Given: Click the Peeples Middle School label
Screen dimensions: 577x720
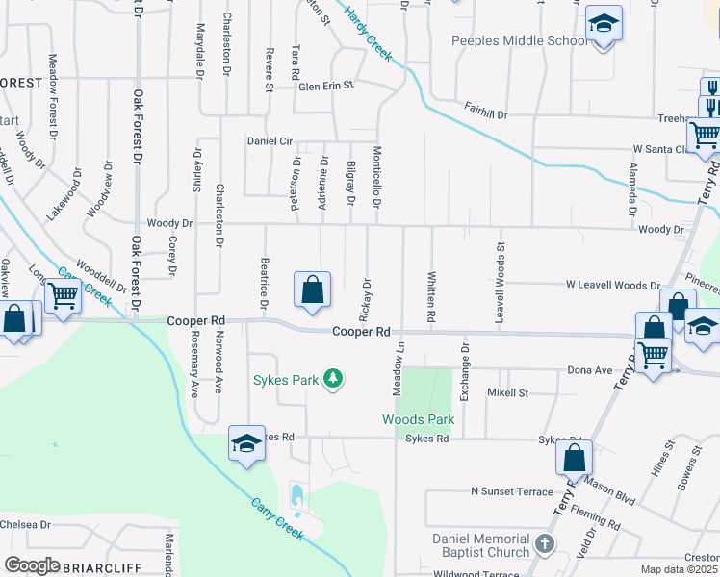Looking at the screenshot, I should [x=519, y=41].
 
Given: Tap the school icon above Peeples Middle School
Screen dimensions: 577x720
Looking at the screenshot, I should [x=604, y=23].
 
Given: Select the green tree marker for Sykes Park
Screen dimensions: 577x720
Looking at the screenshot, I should [x=333, y=379].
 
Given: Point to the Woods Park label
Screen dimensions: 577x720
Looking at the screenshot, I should [x=418, y=419].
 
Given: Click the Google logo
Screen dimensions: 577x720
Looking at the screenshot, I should [x=32, y=565].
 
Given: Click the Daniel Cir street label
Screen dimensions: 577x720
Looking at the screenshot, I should [x=270, y=140].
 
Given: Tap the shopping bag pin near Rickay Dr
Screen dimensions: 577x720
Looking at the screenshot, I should [x=313, y=289].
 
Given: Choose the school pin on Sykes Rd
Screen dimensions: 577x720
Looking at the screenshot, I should [x=246, y=443].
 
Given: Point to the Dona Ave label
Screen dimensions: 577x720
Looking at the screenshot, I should [x=590, y=369].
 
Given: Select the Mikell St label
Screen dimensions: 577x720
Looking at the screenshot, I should [x=508, y=392].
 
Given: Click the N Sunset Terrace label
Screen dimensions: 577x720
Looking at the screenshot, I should [x=511, y=491].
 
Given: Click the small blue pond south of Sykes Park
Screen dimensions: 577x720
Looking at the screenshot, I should [x=296, y=497].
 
